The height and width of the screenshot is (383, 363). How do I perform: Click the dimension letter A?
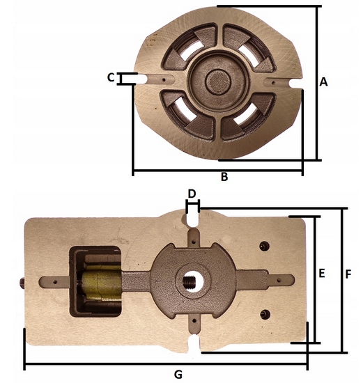point(323,82)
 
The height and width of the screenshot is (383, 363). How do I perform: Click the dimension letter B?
point(224,177)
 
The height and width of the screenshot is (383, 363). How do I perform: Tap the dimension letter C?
point(111,78)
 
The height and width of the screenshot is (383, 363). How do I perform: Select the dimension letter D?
point(192,194)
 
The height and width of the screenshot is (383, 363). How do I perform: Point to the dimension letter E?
point(322,273)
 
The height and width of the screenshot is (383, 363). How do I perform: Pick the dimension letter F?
point(348,274)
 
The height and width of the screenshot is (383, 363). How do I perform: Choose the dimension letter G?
point(178,374)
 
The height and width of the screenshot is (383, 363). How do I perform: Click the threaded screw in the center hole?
point(190,281)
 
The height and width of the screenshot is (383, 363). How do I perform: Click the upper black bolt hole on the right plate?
point(264,246)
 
